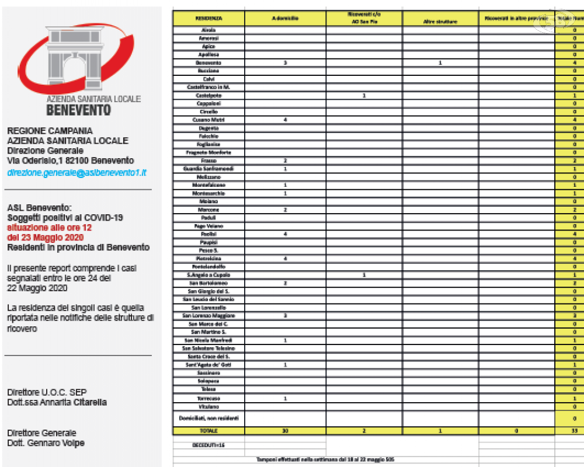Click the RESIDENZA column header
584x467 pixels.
coord(208,19)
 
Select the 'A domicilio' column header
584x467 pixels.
coord(285,19)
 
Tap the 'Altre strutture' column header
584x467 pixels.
coord(440,22)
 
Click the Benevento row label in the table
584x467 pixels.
coord(208,62)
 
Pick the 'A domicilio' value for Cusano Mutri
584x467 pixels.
coord(285,120)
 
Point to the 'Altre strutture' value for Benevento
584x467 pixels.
coord(440,62)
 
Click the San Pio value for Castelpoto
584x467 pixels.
coord(364,95)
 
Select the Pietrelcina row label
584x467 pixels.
coord(208,258)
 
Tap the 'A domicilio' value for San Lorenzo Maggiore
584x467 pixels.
coord(285,315)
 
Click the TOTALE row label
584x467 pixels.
coord(208,431)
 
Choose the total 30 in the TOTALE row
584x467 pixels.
coord(285,431)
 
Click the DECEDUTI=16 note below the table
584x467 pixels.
coord(208,445)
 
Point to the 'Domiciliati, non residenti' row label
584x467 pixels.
coord(208,418)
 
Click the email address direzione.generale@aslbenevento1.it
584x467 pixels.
coord(77,173)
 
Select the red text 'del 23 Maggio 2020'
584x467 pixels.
coord(45,238)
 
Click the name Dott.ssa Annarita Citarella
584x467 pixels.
coord(57,402)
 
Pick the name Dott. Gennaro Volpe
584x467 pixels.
coord(46,442)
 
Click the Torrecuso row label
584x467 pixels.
coord(208,398)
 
